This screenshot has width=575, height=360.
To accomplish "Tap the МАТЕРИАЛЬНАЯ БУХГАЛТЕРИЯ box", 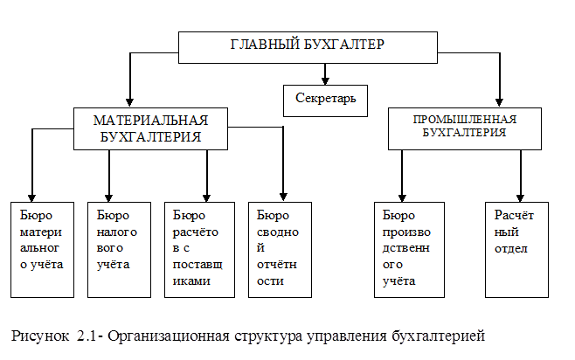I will [x=153, y=128].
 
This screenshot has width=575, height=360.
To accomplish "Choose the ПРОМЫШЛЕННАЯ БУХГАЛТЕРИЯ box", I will [x=464, y=128].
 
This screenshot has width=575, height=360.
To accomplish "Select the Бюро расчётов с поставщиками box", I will [x=200, y=250].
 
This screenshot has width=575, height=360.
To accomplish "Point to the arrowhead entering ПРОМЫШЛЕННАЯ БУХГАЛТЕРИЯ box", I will [x=501, y=103].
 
